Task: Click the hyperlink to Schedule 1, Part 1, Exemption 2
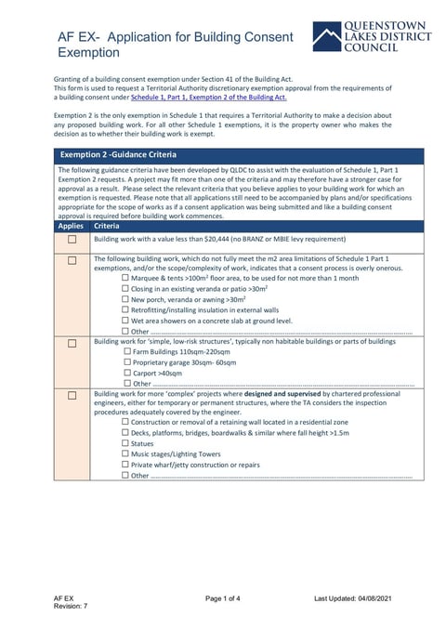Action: [209, 97]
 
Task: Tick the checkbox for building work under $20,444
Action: [72, 239]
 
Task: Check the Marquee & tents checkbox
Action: [126, 278]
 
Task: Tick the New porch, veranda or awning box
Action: [126, 299]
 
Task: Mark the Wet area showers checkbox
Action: [126, 321]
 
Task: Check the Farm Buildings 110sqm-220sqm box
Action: [126, 352]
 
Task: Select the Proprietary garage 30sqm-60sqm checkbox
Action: [126, 362]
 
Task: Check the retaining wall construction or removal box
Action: [126, 423]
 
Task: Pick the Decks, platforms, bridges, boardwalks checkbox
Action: [126, 433]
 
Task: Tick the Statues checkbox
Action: [126, 444]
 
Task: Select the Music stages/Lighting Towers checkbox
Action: [126, 454]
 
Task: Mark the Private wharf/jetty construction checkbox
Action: [126, 465]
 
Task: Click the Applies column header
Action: [71, 226]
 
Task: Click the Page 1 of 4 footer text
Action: [223, 597]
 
